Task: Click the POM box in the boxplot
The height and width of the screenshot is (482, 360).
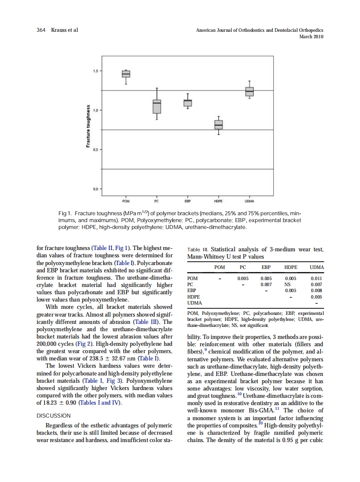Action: click(x=126, y=74)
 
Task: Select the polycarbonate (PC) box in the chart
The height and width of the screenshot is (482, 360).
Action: click(x=157, y=106)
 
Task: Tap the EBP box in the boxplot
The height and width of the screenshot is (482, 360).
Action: click(x=188, y=103)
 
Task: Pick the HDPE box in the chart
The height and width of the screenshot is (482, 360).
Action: click(x=219, y=125)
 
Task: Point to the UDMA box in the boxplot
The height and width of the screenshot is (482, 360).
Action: click(x=250, y=92)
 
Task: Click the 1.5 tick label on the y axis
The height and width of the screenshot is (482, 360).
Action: click(x=95, y=71)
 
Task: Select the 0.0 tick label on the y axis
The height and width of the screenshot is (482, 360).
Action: click(x=95, y=189)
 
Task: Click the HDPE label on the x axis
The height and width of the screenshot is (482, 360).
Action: click(x=218, y=201)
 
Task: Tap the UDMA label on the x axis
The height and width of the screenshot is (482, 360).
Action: click(x=249, y=201)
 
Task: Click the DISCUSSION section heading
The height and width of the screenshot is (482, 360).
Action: click(x=53, y=416)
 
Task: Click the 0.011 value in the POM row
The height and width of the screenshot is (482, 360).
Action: click(x=317, y=278)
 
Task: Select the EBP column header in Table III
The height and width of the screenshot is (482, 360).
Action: click(x=266, y=267)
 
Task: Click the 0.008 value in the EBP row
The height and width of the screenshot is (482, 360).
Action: click(x=317, y=290)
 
